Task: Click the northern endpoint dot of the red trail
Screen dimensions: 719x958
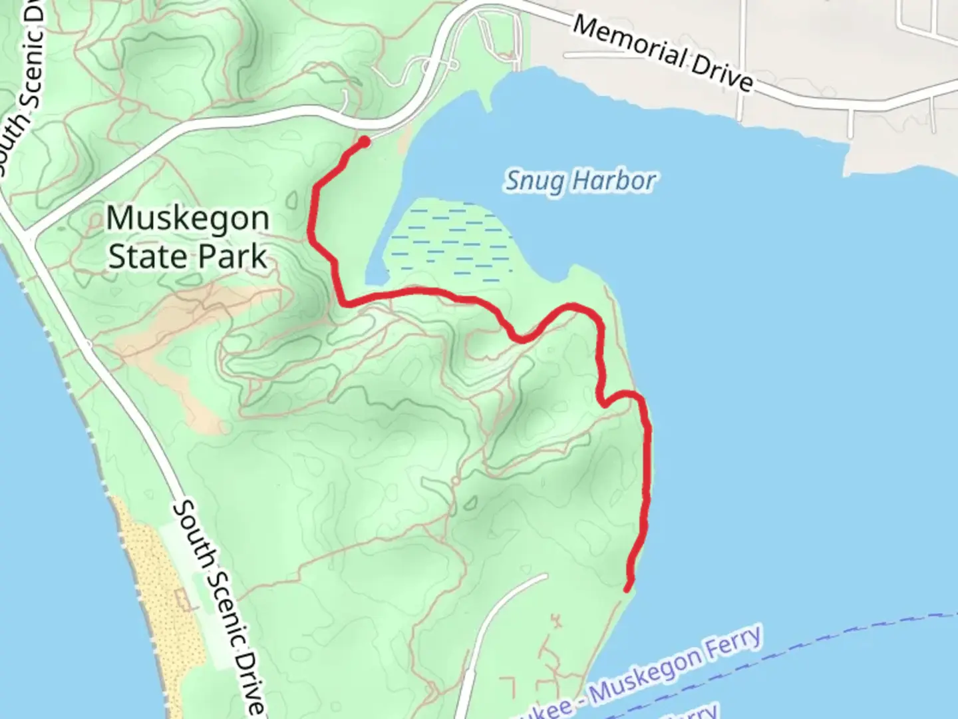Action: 364,141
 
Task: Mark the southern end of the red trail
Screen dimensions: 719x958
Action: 627,588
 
